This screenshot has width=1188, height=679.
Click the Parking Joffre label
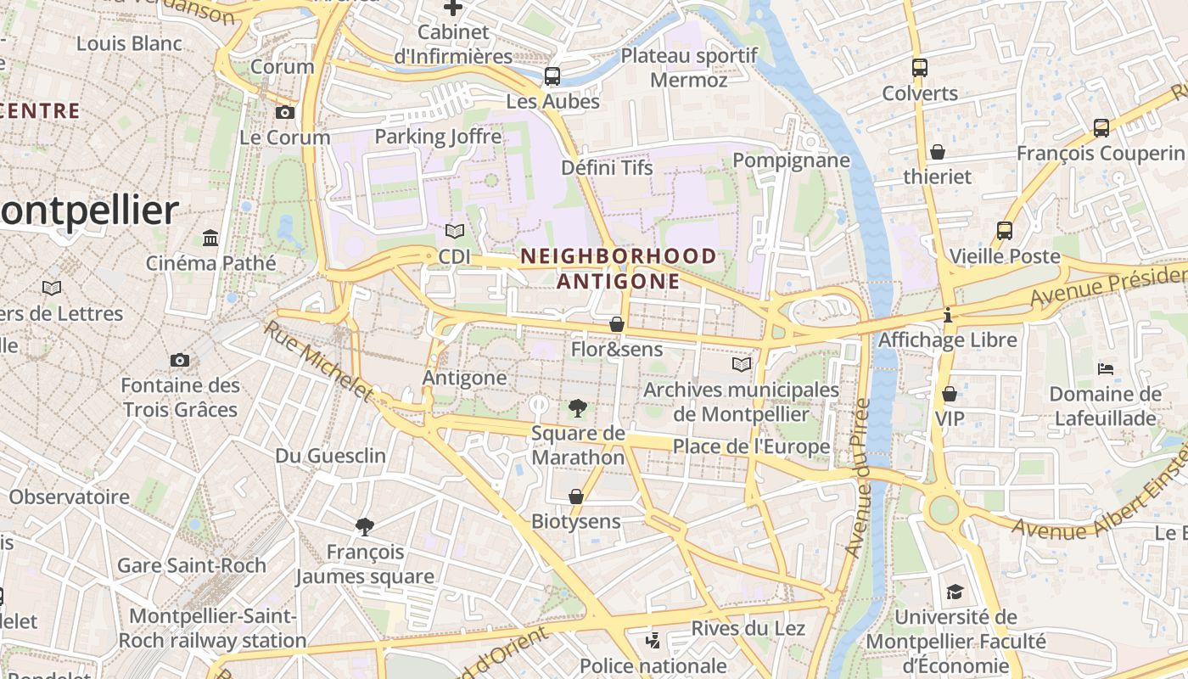tap(438, 136)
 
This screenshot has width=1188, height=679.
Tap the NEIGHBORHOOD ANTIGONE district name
tap(619, 268)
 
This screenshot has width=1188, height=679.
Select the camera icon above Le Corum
tap(285, 112)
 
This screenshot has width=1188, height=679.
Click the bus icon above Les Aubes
tap(552, 76)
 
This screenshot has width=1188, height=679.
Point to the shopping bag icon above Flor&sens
tap(617, 324)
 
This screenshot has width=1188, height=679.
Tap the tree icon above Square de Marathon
tap(577, 408)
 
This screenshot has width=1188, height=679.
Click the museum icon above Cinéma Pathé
tap(210, 238)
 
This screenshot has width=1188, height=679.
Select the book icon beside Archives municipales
tap(742, 364)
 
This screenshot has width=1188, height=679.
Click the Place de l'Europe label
tap(751, 446)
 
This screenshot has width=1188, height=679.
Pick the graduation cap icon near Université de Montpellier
tap(955, 592)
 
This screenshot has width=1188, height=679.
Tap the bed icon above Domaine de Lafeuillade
tap(1105, 368)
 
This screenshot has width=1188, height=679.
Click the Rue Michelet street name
tap(318, 360)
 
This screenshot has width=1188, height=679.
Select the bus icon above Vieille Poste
tap(1005, 231)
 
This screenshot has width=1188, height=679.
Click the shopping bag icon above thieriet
tap(938, 152)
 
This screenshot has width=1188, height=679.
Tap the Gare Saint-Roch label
tap(191, 565)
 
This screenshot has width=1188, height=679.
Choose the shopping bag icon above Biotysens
tap(576, 496)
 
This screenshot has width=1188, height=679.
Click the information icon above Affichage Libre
tap(948, 315)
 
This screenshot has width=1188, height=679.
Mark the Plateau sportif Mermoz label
tap(689, 68)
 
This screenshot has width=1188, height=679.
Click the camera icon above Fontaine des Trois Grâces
tap(179, 360)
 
